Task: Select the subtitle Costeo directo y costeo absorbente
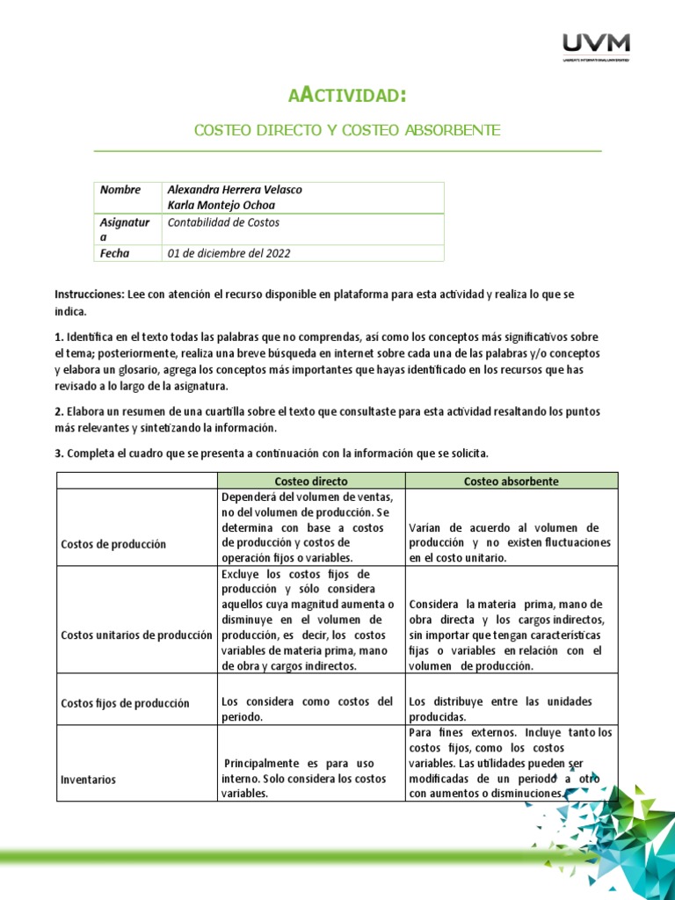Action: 347,130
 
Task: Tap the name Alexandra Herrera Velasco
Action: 234,190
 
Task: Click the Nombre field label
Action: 120,190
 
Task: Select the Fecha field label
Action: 115,253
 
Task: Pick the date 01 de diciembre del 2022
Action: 229,253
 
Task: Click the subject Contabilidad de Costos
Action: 223,222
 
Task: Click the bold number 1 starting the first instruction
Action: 58,337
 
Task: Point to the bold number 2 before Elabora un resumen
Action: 58,411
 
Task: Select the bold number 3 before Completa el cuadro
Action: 58,454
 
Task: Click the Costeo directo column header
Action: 311,482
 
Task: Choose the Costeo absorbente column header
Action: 511,482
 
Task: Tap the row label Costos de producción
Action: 113,544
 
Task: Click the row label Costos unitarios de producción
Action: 136,635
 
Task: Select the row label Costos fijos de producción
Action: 125,703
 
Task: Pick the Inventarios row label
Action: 88,780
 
